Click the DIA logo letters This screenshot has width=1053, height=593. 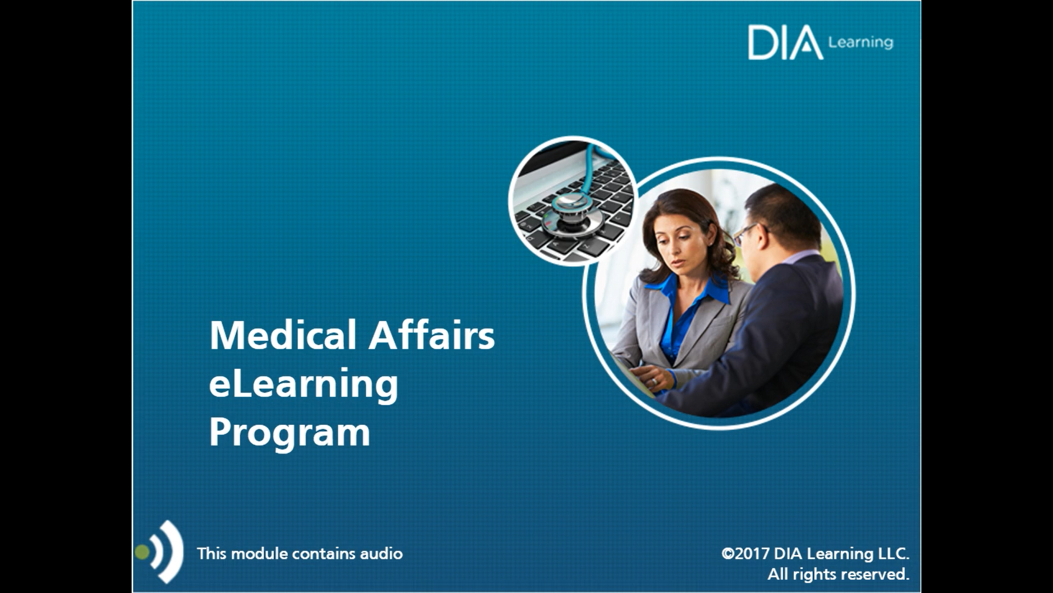[785, 42]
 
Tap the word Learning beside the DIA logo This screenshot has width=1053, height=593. [860, 42]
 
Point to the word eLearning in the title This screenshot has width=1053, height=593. [304, 385]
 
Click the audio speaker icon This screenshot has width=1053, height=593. [159, 552]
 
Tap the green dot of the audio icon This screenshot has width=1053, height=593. [142, 552]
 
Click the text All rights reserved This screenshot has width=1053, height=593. [838, 574]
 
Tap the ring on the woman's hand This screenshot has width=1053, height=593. [654, 381]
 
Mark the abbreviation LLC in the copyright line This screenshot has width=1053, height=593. [893, 553]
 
